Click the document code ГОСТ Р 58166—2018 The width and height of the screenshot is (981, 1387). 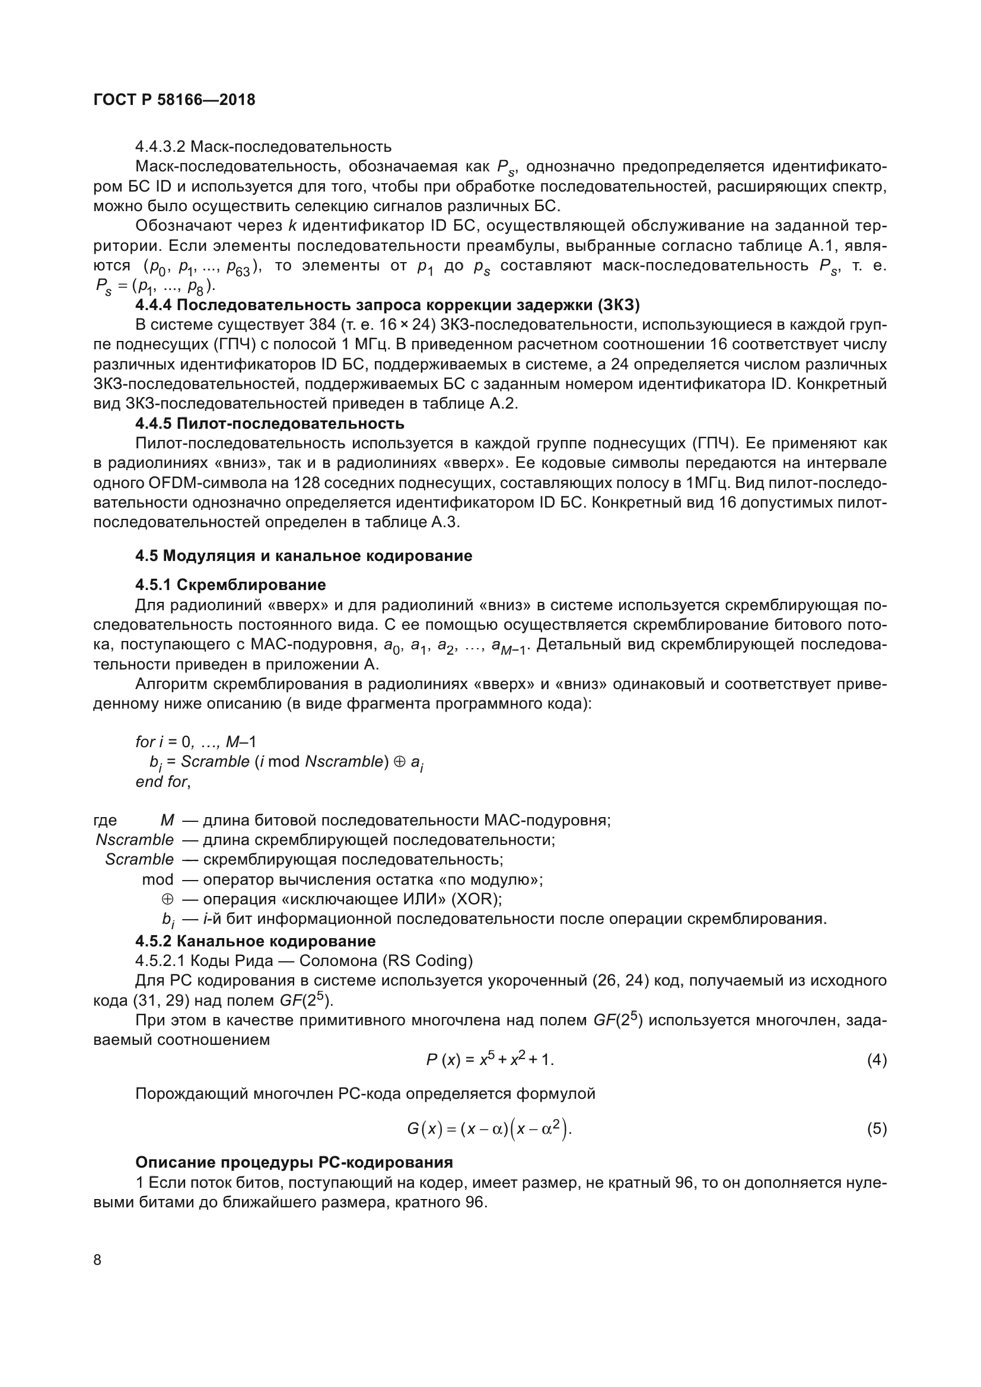[174, 100]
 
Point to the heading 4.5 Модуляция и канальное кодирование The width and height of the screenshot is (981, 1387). [303, 556]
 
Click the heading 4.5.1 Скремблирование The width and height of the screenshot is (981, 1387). [230, 585]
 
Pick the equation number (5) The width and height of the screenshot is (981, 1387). [877, 1129]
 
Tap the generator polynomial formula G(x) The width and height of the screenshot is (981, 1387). [489, 1129]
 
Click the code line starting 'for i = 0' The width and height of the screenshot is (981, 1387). [196, 741]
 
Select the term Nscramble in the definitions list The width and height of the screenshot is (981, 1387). [134, 840]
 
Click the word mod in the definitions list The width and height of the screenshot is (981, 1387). [157, 879]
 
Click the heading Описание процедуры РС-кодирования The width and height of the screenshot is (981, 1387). [294, 1162]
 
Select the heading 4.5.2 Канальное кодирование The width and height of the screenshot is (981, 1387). [255, 940]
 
